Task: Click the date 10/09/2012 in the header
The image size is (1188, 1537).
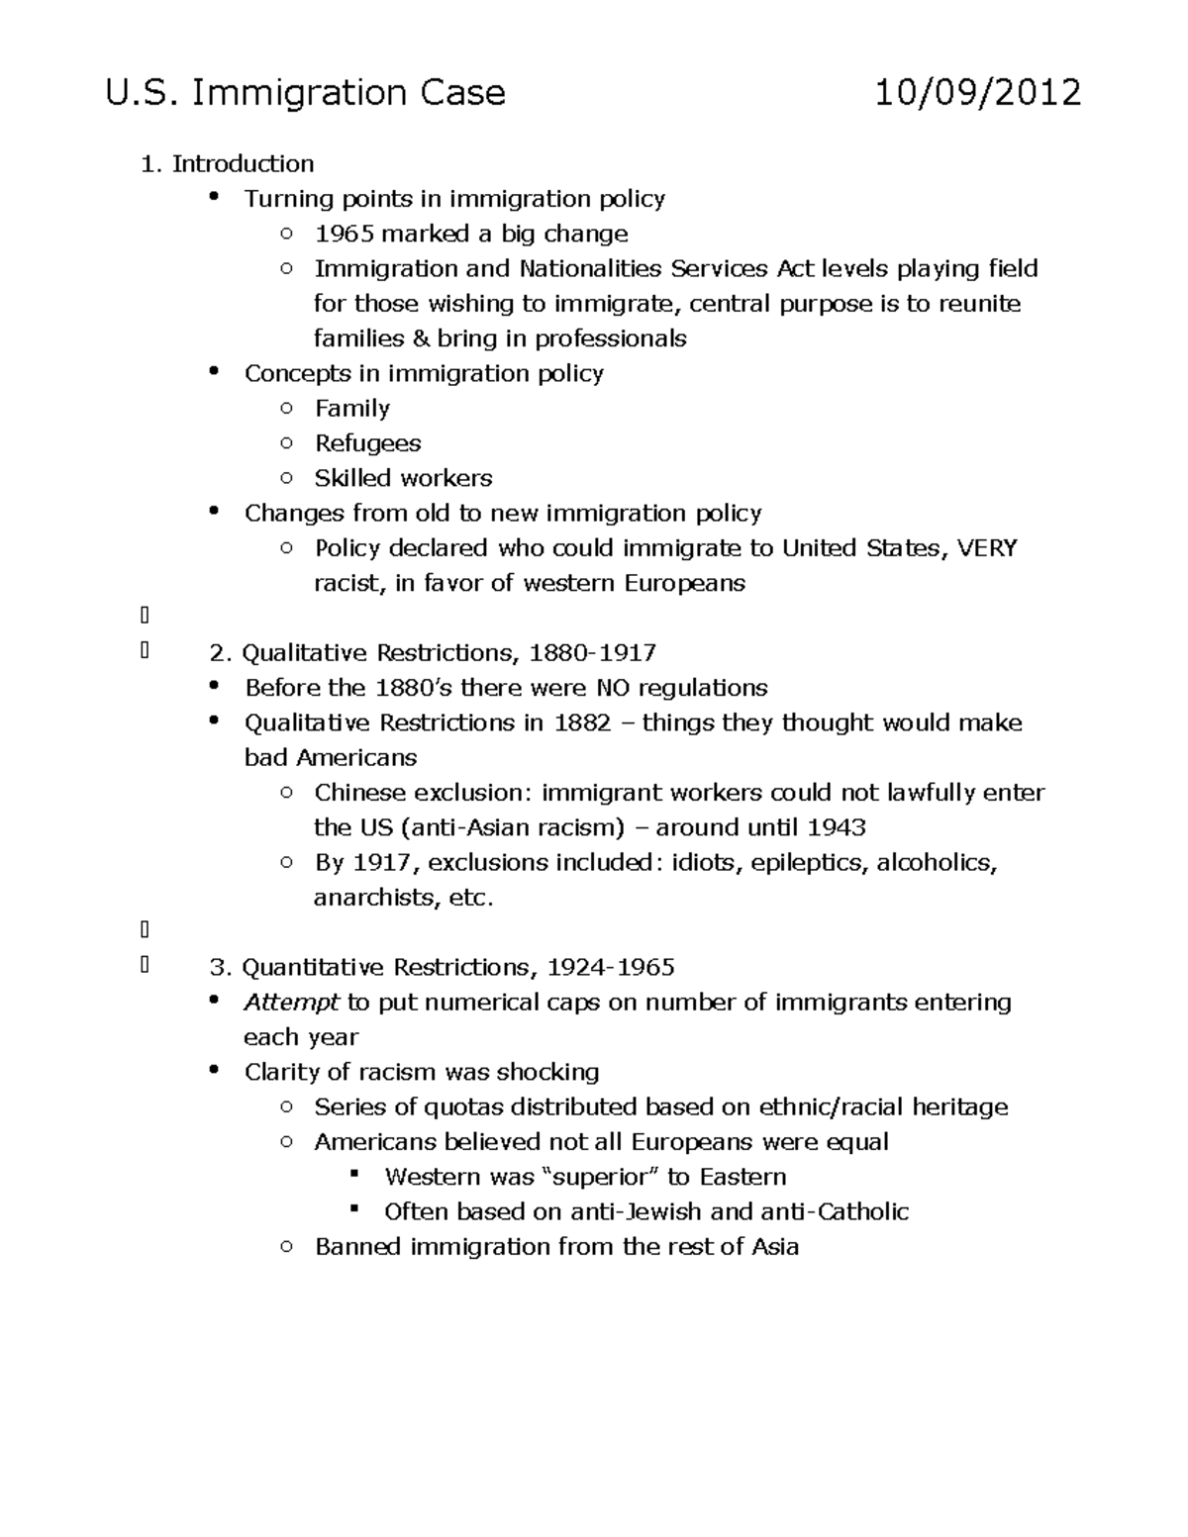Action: [x=977, y=93]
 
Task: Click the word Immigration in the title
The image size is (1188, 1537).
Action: [x=299, y=93]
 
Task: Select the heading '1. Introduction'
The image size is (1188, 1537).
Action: [x=228, y=163]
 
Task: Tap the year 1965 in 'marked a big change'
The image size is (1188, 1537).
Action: [x=344, y=234]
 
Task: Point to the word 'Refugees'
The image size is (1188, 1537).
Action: [x=367, y=443]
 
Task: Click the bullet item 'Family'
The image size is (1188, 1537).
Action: [x=351, y=408]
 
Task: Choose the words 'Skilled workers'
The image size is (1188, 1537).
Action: [x=403, y=478]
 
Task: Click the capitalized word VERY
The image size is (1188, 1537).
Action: [x=987, y=548]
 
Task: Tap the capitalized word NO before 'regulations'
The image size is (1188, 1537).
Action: [x=612, y=688]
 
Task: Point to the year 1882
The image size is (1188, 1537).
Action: [x=582, y=722]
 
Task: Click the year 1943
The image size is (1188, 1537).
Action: [x=837, y=827]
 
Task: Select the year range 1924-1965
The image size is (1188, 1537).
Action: [x=611, y=967]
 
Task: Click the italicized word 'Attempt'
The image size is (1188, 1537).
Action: [x=291, y=1003]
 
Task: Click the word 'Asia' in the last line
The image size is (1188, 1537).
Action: [x=775, y=1247]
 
